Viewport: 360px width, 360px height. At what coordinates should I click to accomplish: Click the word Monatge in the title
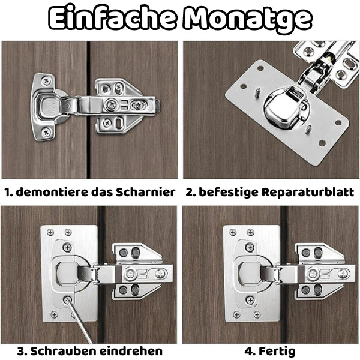click(248, 19)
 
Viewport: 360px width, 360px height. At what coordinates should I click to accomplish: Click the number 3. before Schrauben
click(22, 350)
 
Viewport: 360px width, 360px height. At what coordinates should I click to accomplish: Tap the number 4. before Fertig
click(250, 350)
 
